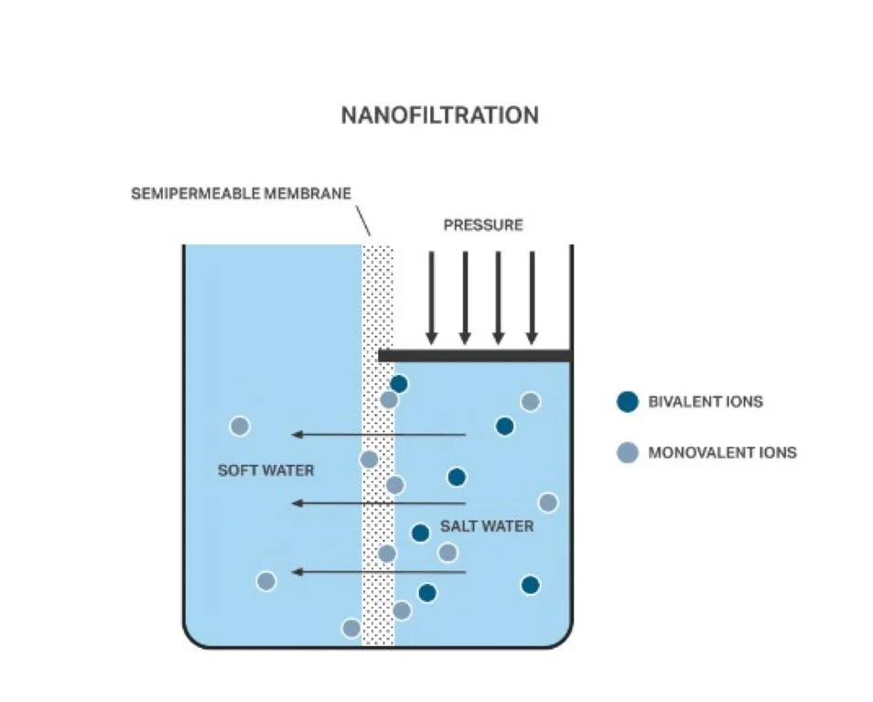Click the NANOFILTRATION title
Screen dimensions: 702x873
point(439,115)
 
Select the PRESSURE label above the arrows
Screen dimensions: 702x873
point(483,224)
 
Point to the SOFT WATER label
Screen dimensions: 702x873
point(265,470)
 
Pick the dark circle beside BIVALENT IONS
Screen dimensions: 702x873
point(627,401)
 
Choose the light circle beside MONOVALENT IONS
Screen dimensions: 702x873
point(627,452)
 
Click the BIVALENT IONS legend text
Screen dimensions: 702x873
point(705,402)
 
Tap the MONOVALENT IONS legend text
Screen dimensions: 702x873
point(722,452)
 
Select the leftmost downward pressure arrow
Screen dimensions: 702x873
point(432,297)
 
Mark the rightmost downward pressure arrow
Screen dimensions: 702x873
point(533,297)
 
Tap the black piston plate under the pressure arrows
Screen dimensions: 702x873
point(475,354)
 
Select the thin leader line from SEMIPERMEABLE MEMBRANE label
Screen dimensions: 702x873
point(362,221)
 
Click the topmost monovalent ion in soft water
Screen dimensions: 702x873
point(240,426)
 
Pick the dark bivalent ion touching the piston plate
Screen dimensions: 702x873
point(399,384)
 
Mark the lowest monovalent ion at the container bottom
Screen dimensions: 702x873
point(350,628)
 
